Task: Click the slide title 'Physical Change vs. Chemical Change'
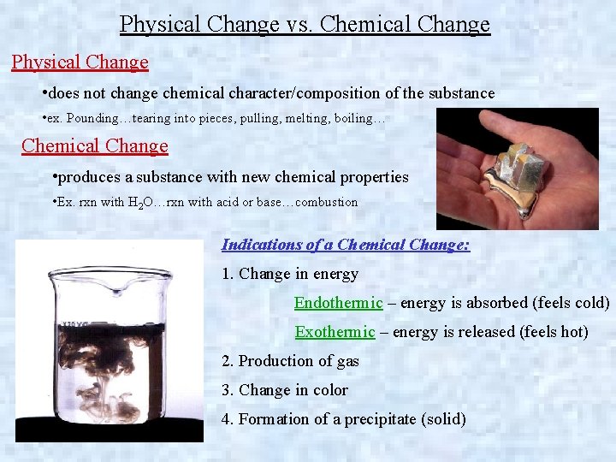click(x=305, y=24)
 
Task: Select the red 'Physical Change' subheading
click(x=80, y=62)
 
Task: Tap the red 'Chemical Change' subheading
click(x=95, y=145)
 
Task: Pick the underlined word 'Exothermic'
click(x=335, y=332)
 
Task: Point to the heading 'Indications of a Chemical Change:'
click(x=346, y=245)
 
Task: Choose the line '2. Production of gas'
click(x=290, y=361)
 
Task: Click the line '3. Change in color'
click(x=285, y=390)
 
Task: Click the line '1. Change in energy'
click(x=290, y=274)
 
